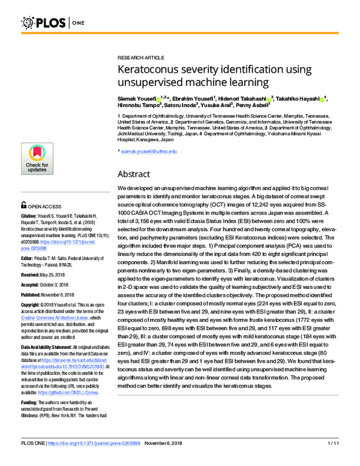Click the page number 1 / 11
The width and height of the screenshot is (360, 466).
[333, 460]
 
